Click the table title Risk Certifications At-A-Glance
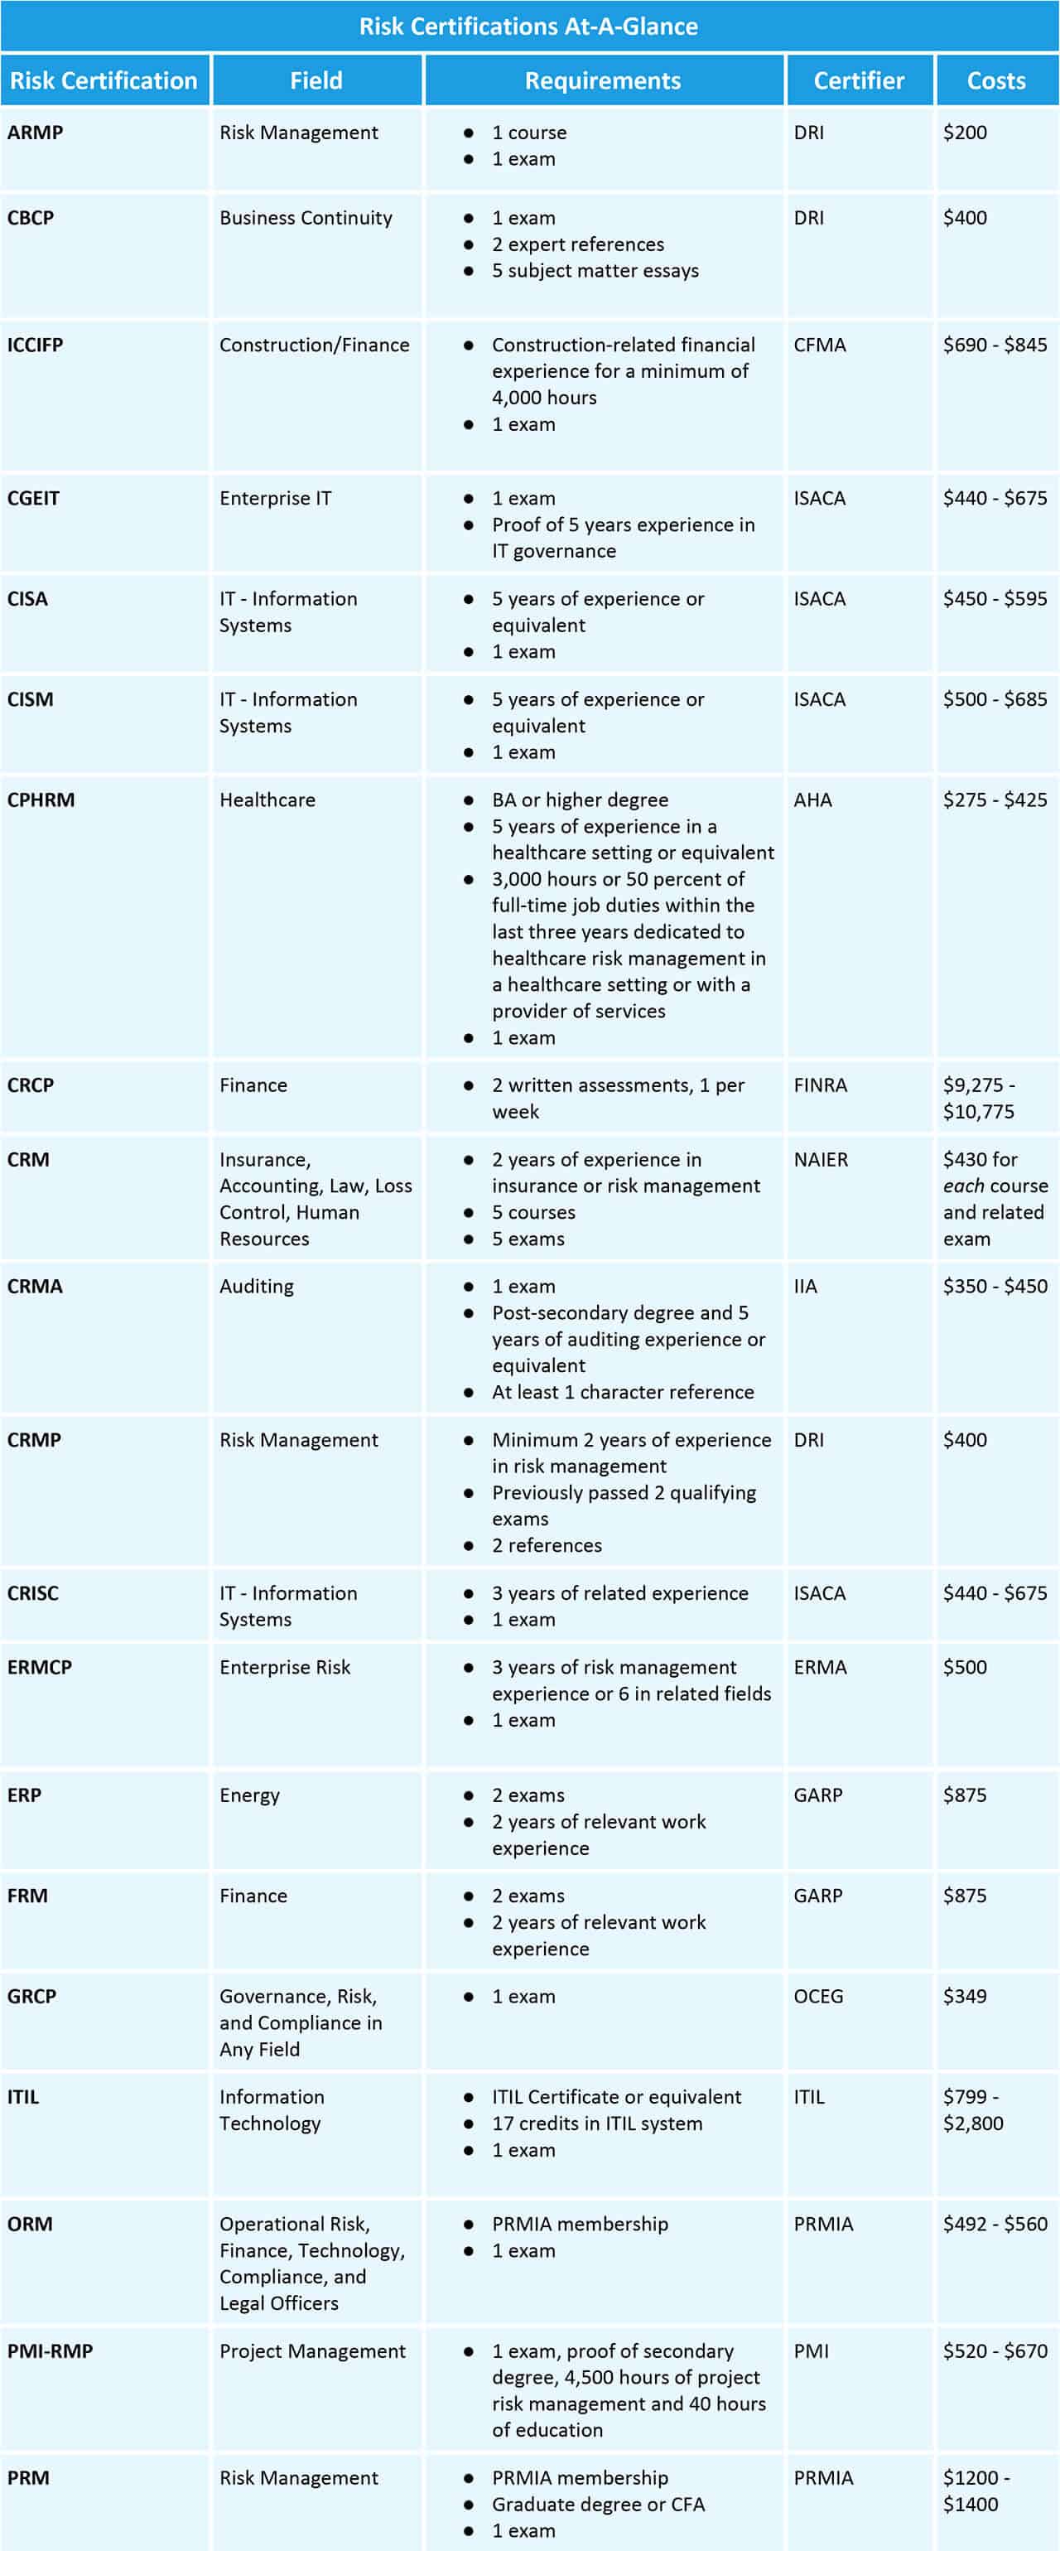point(528,27)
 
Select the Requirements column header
point(603,81)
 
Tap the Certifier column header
point(858,81)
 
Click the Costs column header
point(995,81)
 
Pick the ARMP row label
point(35,133)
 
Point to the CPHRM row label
point(41,800)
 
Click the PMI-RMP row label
point(50,2351)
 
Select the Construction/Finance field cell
point(314,345)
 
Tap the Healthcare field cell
point(267,800)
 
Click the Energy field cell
point(249,1795)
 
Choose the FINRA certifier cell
point(821,1085)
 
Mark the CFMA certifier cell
point(820,345)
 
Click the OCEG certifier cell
point(818,1997)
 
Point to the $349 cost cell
point(964,1997)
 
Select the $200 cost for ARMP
point(964,133)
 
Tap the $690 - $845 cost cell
point(995,345)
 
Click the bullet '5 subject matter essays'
point(595,270)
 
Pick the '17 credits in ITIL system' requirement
point(597,2123)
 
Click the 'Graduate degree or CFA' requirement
point(598,2505)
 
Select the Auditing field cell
point(257,1287)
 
